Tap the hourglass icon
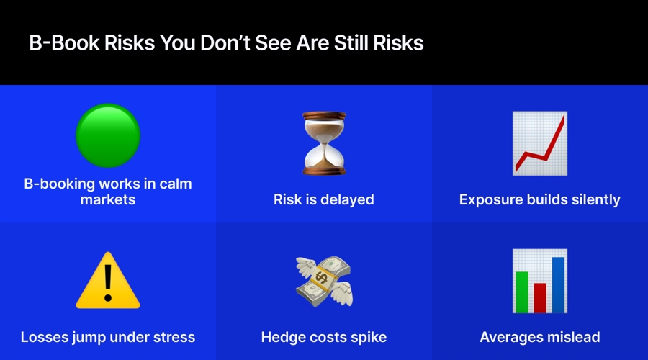pos(323,143)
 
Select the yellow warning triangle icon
pos(108,281)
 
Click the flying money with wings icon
pos(323,281)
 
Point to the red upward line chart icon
pos(539,143)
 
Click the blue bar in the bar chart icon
pos(558,283)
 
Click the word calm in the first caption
pos(174,184)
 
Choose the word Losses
pos(45,336)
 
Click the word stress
pos(173,336)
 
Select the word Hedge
pos(284,336)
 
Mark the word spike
pos(367,336)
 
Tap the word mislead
pos(575,336)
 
